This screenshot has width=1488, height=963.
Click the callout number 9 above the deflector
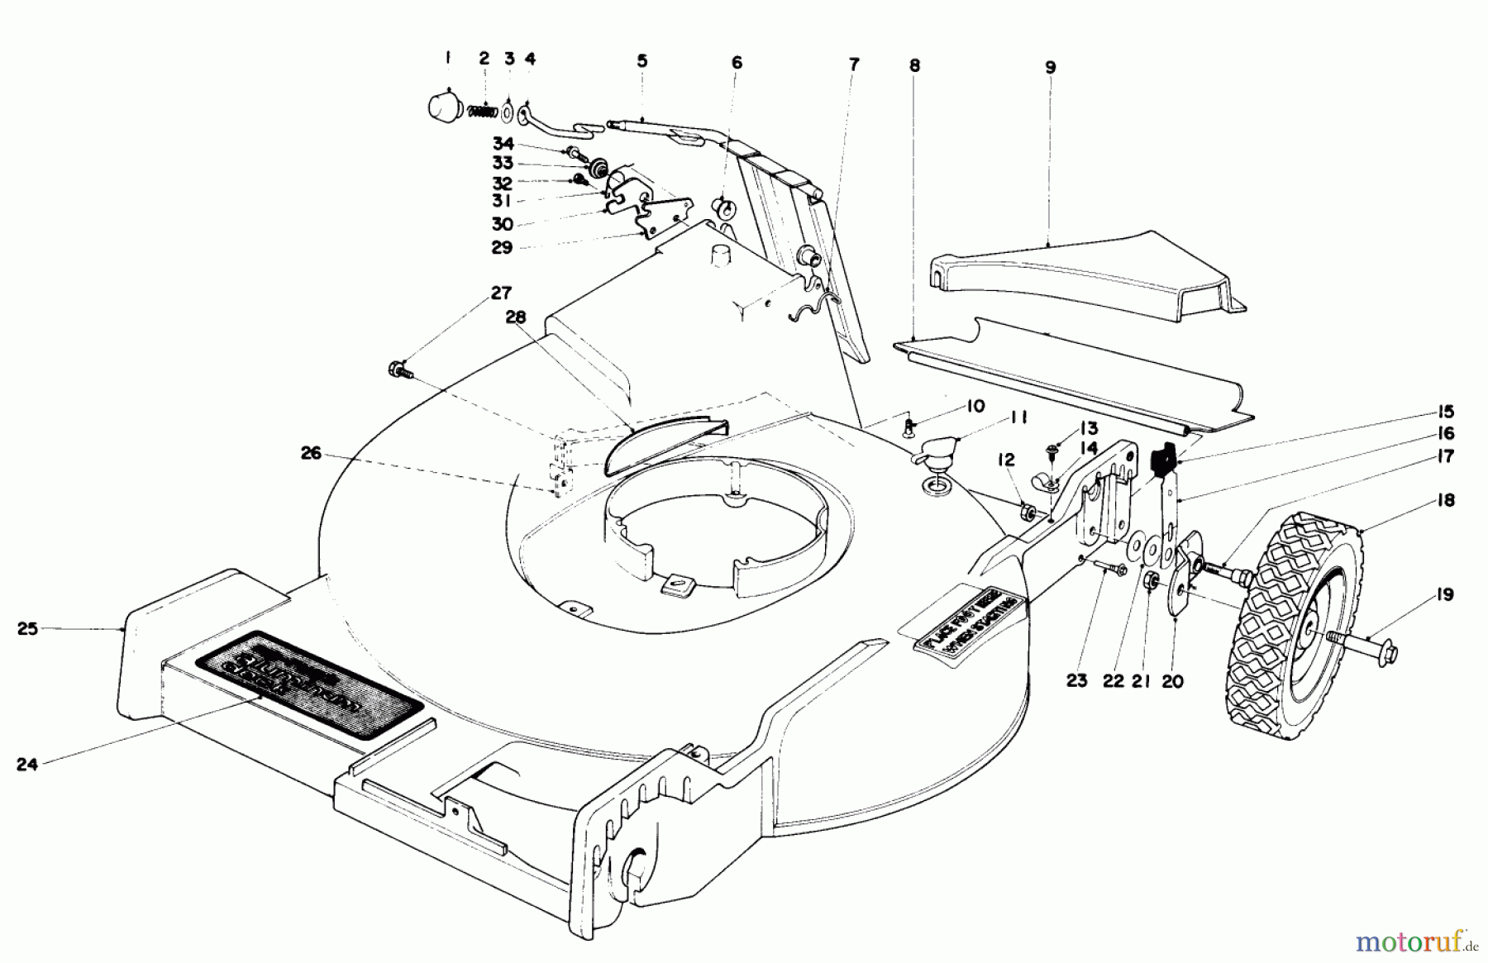click(1050, 68)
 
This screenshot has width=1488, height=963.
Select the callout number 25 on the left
click(27, 629)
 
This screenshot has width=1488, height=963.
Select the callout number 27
click(501, 293)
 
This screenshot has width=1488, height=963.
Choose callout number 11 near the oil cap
click(1018, 419)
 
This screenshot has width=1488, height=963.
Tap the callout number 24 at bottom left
click(27, 765)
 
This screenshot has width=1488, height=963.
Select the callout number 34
click(503, 144)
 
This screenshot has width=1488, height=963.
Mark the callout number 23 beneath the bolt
click(1076, 681)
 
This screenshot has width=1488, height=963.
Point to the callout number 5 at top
click(641, 61)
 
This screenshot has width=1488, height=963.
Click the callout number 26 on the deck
click(310, 454)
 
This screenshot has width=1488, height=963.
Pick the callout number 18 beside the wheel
click(1445, 500)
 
